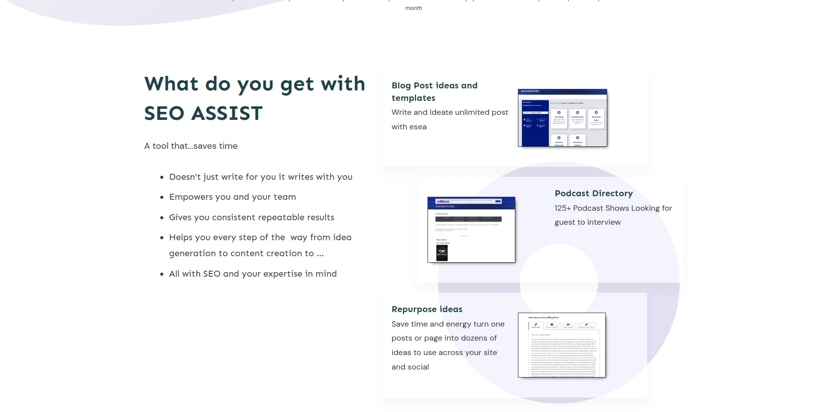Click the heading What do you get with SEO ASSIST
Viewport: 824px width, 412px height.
255,98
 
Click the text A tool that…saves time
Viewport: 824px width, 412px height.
191,146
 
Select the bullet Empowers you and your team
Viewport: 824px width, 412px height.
232,197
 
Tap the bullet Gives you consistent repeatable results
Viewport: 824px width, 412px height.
252,217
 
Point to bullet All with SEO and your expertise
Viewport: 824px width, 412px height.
253,274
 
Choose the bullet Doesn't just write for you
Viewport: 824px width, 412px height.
261,177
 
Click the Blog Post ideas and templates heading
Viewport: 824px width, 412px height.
434,91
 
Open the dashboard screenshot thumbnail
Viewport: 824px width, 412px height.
562,118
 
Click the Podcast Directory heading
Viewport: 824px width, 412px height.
594,193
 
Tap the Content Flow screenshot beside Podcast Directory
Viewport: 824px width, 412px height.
471,229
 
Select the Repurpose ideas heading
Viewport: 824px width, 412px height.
427,309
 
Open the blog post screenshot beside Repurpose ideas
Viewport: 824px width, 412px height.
561,345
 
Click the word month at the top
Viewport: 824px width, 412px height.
413,8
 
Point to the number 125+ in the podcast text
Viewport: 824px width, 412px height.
562,208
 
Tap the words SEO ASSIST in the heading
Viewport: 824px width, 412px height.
203,113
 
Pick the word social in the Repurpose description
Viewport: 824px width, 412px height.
418,367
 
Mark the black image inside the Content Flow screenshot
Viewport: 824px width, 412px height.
442,253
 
